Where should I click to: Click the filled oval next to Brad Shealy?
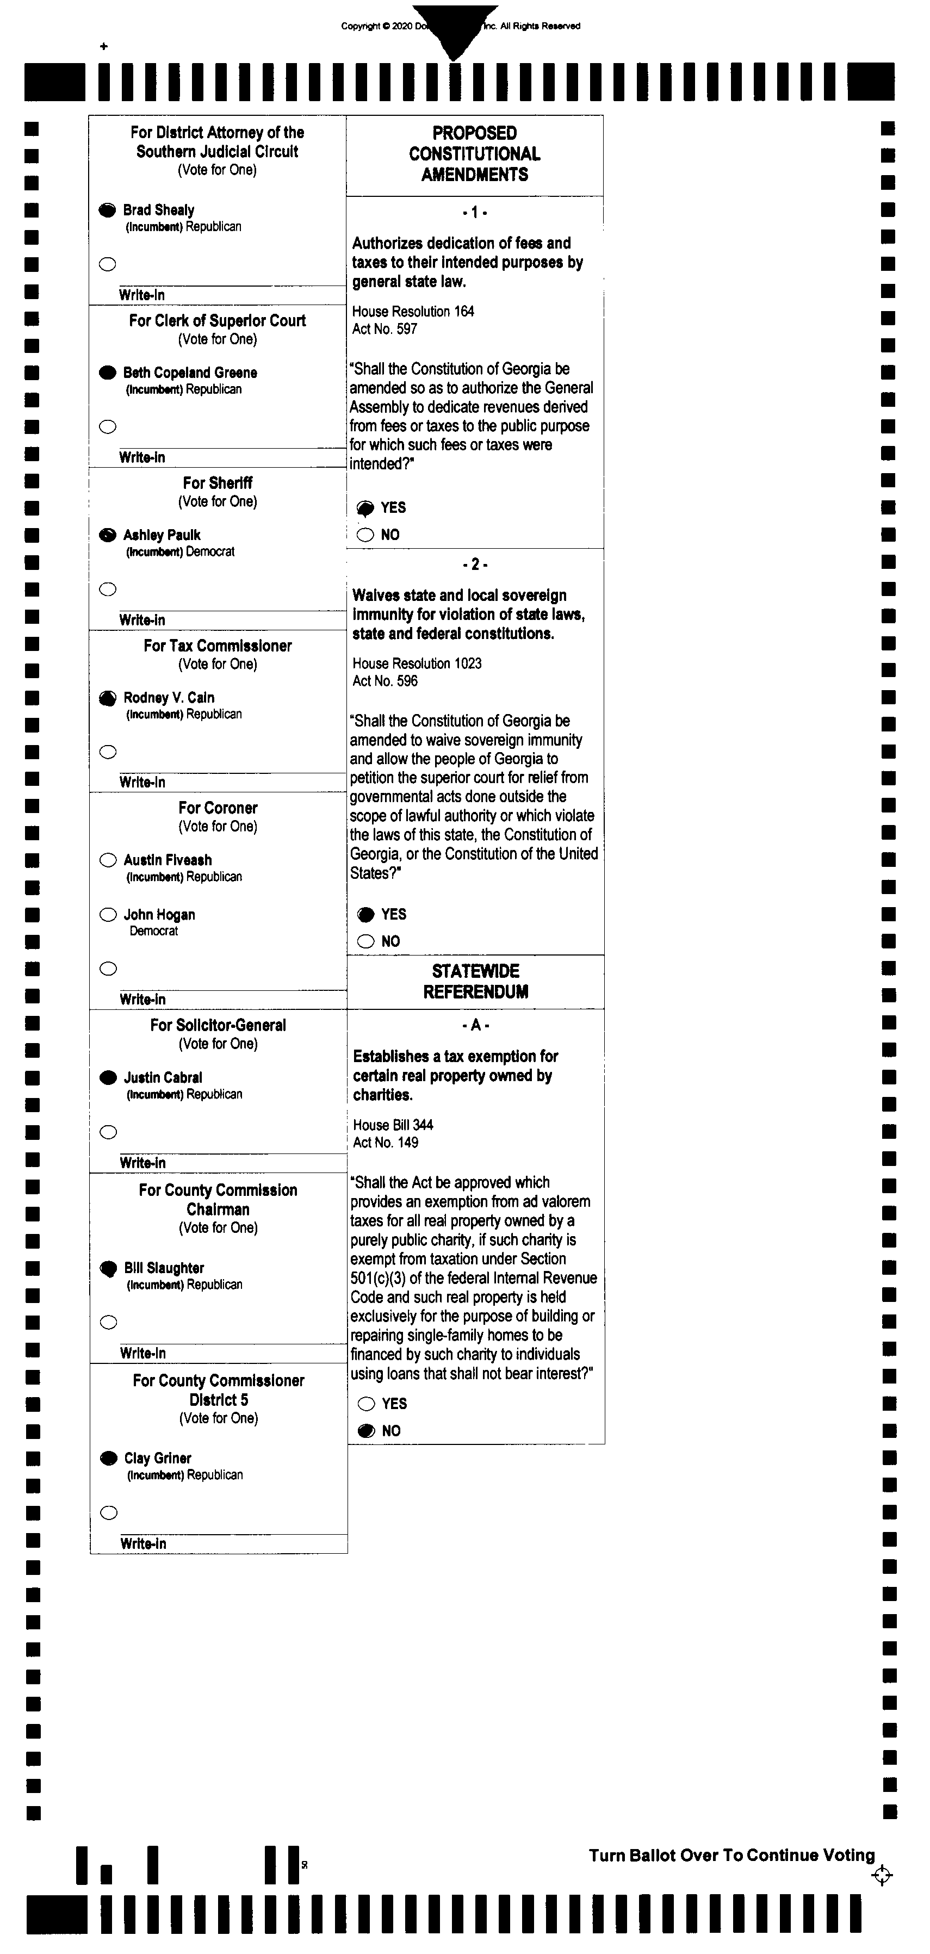[108, 210]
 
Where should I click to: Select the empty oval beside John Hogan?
[108, 914]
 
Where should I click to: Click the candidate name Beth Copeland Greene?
[190, 373]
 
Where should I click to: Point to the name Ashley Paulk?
[162, 535]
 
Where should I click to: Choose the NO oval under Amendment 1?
[365, 535]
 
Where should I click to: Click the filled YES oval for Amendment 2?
[365, 914]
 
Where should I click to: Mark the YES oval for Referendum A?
[367, 1403]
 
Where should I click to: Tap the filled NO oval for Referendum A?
[367, 1431]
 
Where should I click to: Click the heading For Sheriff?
[218, 483]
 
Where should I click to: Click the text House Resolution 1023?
[417, 663]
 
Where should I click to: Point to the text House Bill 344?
[393, 1125]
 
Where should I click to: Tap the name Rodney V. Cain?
[169, 697]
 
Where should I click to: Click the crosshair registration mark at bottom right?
[882, 1875]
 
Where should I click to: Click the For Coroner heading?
[218, 808]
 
